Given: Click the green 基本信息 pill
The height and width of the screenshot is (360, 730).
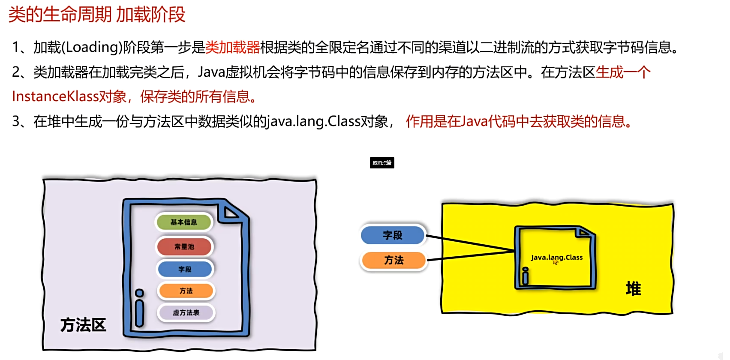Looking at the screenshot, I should pyautogui.click(x=184, y=222).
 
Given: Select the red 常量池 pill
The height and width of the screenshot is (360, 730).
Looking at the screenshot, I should pyautogui.click(x=184, y=246).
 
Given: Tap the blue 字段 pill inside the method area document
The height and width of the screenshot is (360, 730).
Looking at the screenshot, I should pyautogui.click(x=185, y=269).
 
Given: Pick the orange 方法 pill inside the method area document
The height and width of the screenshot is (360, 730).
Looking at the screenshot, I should pyautogui.click(x=186, y=291).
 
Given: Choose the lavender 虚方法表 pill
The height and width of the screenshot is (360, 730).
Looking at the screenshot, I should pyautogui.click(x=186, y=313).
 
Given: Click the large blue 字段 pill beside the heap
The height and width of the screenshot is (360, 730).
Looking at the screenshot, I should pyautogui.click(x=393, y=235).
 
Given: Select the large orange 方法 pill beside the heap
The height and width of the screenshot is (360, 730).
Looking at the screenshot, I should pyautogui.click(x=394, y=260).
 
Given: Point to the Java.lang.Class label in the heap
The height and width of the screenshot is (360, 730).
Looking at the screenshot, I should pyautogui.click(x=556, y=257).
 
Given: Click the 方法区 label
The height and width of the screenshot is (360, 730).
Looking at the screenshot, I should pyautogui.click(x=83, y=325).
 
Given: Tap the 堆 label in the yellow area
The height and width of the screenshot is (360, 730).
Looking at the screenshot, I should pyautogui.click(x=633, y=289).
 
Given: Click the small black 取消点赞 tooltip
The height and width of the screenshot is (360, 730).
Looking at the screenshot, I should pyautogui.click(x=382, y=163).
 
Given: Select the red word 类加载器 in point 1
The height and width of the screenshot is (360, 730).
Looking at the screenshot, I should pyautogui.click(x=232, y=47).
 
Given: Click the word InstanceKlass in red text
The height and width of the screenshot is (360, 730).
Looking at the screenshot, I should pyautogui.click(x=55, y=96).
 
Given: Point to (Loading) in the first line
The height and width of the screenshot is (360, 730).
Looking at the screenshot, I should pyautogui.click(x=92, y=47).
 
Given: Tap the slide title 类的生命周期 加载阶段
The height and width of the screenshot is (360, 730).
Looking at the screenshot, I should pyautogui.click(x=97, y=15).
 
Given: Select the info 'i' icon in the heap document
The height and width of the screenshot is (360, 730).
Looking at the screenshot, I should pyautogui.click(x=526, y=276).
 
